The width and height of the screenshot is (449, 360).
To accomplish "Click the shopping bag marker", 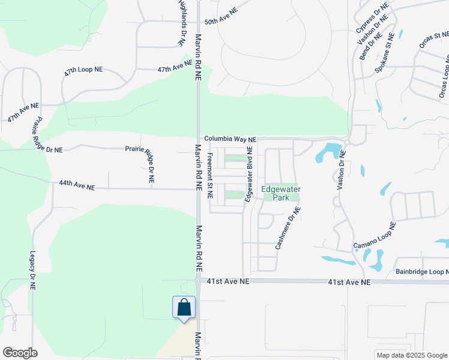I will tap(184, 307).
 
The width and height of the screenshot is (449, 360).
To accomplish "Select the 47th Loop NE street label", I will tap(83, 70).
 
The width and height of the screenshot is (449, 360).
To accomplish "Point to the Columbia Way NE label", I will tap(230, 139).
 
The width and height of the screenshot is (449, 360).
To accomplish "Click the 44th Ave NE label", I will tap(77, 187).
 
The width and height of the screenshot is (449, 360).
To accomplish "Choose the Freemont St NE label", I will tap(210, 175).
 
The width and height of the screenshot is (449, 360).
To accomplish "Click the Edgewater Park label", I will tap(281, 193).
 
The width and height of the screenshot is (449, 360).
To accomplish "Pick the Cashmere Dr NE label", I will tap(288, 228).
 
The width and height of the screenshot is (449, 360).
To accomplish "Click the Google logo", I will tap(20, 353).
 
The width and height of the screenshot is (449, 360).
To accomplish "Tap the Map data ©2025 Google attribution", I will tap(412, 355).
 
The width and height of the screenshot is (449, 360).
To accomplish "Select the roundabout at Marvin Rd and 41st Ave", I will tap(198, 280).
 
